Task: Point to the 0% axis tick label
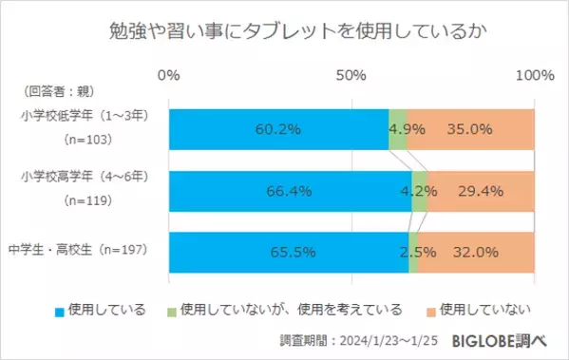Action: pos(169,75)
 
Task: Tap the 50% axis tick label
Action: pos(351,75)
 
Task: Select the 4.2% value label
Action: pos(418,191)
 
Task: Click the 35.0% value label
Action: pos(469,130)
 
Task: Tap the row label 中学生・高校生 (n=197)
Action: pos(87,252)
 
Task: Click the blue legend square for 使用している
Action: pos(58,309)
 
